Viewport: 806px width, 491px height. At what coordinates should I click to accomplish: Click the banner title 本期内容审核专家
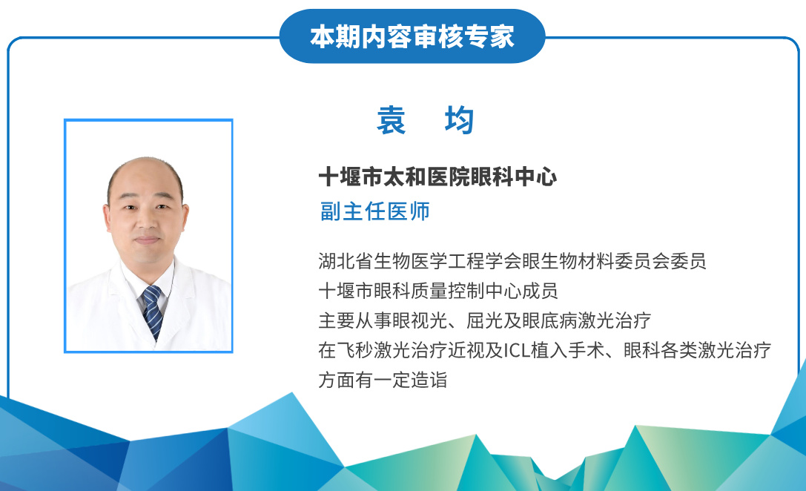(x=412, y=36)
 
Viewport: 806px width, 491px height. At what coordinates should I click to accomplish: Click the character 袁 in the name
(x=392, y=120)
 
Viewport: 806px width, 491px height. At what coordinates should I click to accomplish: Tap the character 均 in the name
(x=459, y=120)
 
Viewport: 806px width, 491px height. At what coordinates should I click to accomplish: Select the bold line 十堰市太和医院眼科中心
(x=437, y=177)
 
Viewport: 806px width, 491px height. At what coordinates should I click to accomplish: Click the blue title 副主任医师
(x=374, y=211)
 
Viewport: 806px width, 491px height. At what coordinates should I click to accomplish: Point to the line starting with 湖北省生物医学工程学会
(x=512, y=261)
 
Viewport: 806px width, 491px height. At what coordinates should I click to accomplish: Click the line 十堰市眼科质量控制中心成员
(x=438, y=291)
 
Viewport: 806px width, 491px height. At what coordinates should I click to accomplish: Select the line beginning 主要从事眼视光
(x=485, y=320)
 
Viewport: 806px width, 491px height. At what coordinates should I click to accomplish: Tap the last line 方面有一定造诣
(x=383, y=380)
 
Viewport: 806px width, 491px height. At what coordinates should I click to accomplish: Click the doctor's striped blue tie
(x=153, y=312)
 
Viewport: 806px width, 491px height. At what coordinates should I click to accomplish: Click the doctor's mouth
(x=147, y=240)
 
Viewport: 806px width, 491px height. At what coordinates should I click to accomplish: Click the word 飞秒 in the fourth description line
(x=355, y=351)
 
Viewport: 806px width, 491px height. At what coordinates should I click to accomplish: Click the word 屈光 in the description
(x=485, y=320)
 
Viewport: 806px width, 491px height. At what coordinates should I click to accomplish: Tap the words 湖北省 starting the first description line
(x=346, y=261)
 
